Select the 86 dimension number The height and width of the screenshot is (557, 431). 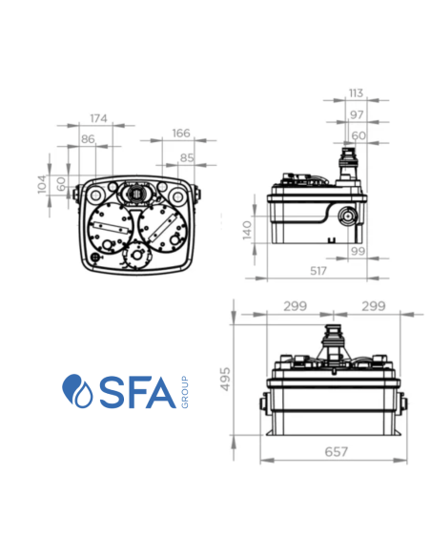(88, 139)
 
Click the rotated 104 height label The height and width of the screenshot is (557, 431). (42, 183)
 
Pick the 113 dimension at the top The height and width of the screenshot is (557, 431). (355, 93)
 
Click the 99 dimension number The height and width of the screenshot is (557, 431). (358, 250)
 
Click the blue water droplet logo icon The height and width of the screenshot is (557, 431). (74, 392)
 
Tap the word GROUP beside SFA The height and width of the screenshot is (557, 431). (183, 393)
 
